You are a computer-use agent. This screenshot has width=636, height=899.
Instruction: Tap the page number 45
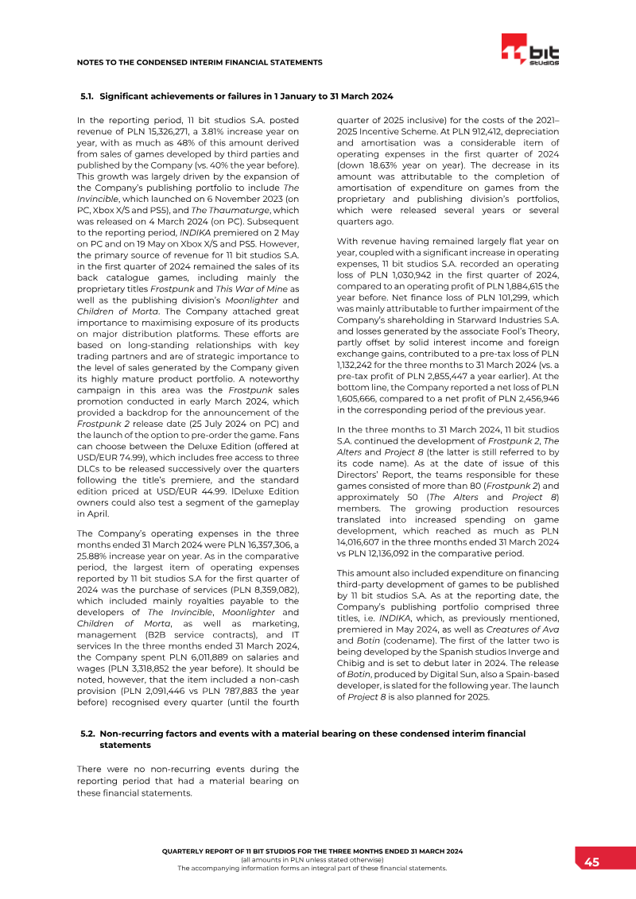point(592,862)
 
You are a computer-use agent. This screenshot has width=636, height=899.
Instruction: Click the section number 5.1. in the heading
point(88,96)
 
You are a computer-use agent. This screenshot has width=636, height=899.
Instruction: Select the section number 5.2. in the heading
point(88,733)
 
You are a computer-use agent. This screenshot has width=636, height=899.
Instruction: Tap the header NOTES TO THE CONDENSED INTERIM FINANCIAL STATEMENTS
point(199,62)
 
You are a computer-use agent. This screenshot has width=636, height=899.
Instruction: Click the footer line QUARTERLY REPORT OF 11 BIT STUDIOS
point(312,851)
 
